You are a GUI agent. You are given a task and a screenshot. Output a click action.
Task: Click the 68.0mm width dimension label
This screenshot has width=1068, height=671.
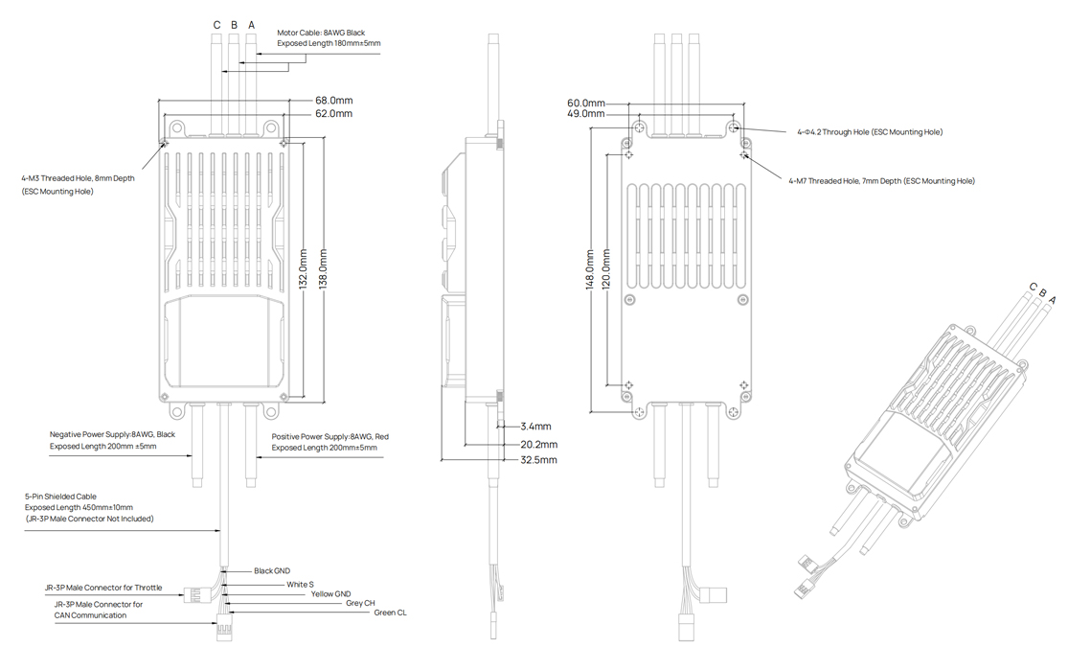tap(333, 101)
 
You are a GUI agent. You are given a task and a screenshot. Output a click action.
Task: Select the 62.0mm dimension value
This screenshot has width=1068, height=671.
tap(333, 114)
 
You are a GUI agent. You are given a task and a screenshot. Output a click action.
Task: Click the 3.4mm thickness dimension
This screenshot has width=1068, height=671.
tap(535, 426)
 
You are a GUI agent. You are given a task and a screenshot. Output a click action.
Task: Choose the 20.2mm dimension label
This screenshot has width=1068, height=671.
tap(538, 445)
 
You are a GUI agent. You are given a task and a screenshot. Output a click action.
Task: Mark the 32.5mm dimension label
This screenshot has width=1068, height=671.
tap(538, 460)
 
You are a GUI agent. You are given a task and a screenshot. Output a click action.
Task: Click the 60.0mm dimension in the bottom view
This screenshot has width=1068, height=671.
tap(586, 103)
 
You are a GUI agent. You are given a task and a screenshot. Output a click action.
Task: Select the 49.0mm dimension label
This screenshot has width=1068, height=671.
tap(586, 114)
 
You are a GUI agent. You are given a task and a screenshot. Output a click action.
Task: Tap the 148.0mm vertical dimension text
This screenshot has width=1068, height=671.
tap(590, 271)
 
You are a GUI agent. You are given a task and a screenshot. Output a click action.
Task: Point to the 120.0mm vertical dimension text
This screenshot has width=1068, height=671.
tap(606, 271)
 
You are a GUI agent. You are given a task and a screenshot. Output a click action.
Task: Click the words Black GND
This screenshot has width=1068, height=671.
tap(271, 571)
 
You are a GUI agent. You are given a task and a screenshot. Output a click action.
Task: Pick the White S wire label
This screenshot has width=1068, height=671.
tap(300, 584)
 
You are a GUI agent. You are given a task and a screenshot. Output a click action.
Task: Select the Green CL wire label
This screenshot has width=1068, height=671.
tap(390, 613)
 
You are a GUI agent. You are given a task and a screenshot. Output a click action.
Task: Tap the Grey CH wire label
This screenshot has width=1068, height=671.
tap(360, 603)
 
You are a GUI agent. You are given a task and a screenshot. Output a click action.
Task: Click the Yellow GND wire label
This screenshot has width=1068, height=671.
tap(330, 594)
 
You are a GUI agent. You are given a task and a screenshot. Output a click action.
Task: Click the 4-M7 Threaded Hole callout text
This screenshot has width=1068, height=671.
tap(880, 180)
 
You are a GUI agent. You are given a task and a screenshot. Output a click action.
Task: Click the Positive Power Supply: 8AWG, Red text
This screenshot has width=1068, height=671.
tap(329, 436)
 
